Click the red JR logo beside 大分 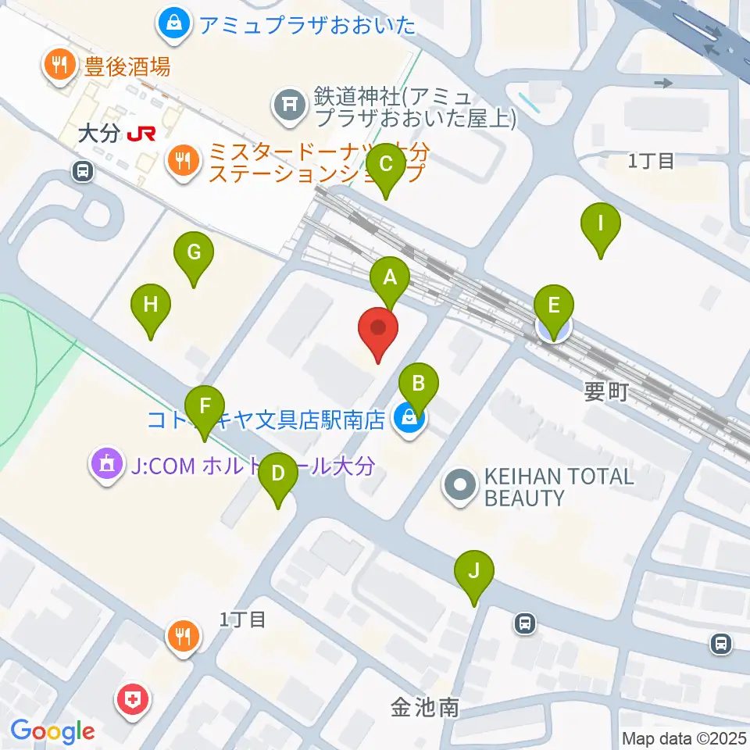click(141, 134)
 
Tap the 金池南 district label click(425, 708)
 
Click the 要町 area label click(605, 392)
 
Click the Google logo click(53, 732)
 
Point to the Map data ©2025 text click(684, 738)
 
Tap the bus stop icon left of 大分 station click(81, 170)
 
